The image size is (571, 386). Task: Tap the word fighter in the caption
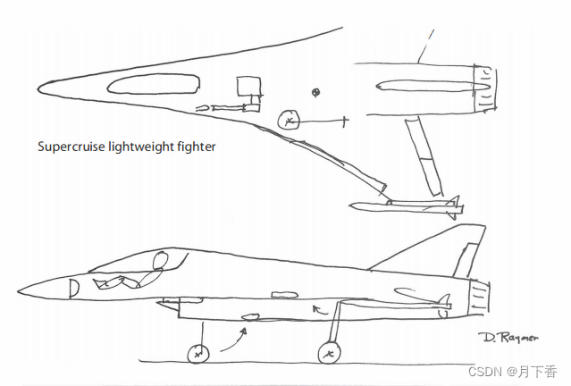195,147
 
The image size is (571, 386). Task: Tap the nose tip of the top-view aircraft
38,88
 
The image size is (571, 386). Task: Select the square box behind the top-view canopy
248,87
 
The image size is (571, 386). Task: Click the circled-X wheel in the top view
289,120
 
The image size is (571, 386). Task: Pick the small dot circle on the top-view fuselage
315,91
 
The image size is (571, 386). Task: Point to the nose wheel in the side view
197,355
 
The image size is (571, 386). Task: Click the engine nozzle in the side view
479,298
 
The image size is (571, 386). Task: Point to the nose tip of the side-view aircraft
20,292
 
